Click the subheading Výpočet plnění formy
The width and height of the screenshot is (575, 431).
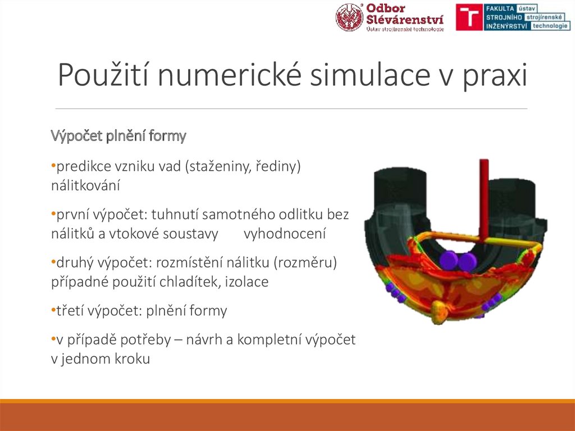tap(118, 136)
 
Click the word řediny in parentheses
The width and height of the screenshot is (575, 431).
tap(278, 167)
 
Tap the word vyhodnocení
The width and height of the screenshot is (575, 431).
tap(285, 233)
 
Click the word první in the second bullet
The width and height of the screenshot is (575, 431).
tap(71, 215)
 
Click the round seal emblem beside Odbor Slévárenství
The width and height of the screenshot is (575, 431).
tap(349, 17)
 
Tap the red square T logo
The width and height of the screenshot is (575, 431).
tap(468, 17)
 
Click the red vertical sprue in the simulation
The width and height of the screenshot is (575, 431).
tap(483, 196)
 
